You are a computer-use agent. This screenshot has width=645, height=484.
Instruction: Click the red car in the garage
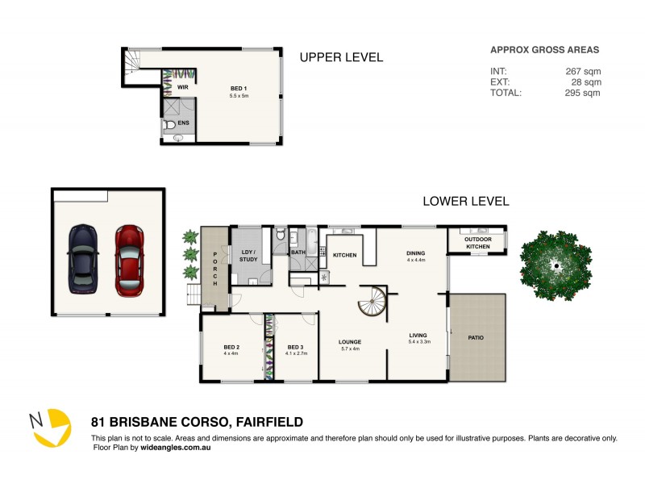point(128,260)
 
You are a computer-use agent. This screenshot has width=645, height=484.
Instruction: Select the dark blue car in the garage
point(83,260)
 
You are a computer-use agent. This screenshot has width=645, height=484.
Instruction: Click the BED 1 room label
point(239,89)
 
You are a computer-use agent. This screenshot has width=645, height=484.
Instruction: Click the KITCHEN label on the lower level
point(345,255)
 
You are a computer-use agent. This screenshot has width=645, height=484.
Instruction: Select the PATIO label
point(476,337)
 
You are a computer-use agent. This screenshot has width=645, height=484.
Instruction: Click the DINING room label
point(415,253)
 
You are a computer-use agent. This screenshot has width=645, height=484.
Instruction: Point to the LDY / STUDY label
point(248,256)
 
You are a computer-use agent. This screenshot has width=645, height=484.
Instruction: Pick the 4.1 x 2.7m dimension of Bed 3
point(294,353)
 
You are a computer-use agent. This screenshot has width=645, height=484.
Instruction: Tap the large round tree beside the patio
point(556,265)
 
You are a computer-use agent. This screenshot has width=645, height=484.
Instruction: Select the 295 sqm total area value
point(583,93)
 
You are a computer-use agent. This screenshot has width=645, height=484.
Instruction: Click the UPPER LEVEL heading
point(341,57)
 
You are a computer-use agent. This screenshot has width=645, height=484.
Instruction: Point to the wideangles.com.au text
point(175,447)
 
